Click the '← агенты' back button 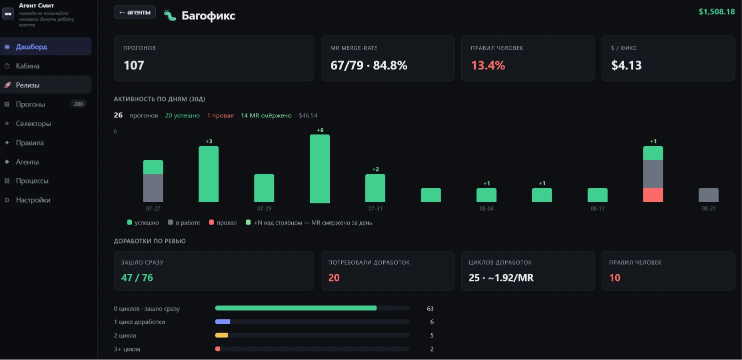click(x=135, y=12)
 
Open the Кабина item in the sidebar click(x=27, y=66)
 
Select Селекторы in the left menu click(x=33, y=123)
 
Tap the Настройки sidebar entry click(x=33, y=200)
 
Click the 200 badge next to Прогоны click(x=78, y=104)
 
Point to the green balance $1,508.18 click(x=717, y=12)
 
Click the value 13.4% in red click(x=488, y=65)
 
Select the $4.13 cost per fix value click(x=626, y=65)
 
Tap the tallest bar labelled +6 click(x=320, y=168)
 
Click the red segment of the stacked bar click(x=653, y=195)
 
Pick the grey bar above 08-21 click(x=709, y=195)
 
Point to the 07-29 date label click(x=264, y=208)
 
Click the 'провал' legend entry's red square click(x=211, y=222)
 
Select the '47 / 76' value click(x=137, y=278)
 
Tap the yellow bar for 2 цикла click(x=221, y=335)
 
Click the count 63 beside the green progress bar click(x=430, y=308)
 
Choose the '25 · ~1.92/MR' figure click(x=501, y=278)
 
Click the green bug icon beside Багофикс click(x=170, y=15)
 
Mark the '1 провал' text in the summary click(x=220, y=115)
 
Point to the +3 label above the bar click(x=209, y=141)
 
